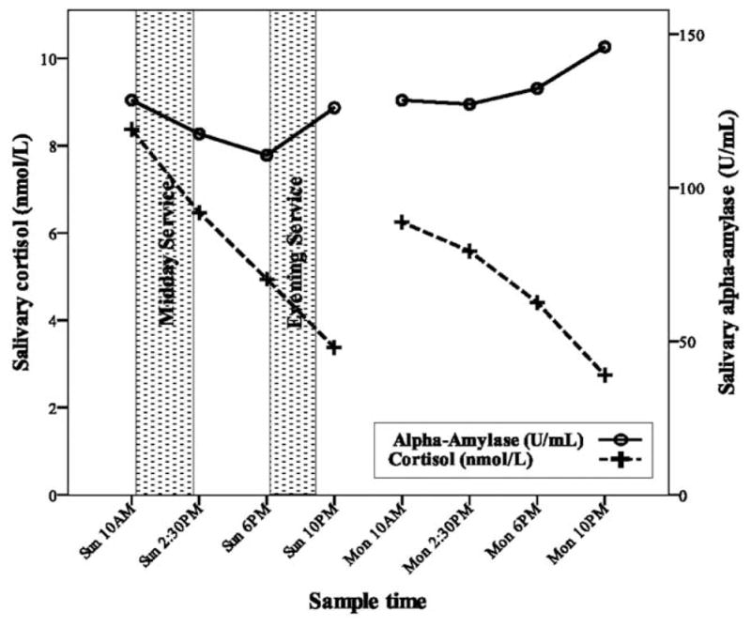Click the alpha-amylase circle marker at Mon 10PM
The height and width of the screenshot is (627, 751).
click(605, 47)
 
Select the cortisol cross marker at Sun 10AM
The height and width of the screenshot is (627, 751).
click(131, 130)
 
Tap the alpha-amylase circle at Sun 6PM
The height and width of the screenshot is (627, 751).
click(267, 155)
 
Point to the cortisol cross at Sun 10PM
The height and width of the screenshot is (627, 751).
click(334, 347)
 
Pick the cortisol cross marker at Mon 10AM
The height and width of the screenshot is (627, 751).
click(402, 222)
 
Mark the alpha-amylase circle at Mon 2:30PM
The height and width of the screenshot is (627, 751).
click(469, 104)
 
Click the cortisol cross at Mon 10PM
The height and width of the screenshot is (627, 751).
click(605, 375)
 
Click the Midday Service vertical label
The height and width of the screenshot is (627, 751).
click(166, 253)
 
